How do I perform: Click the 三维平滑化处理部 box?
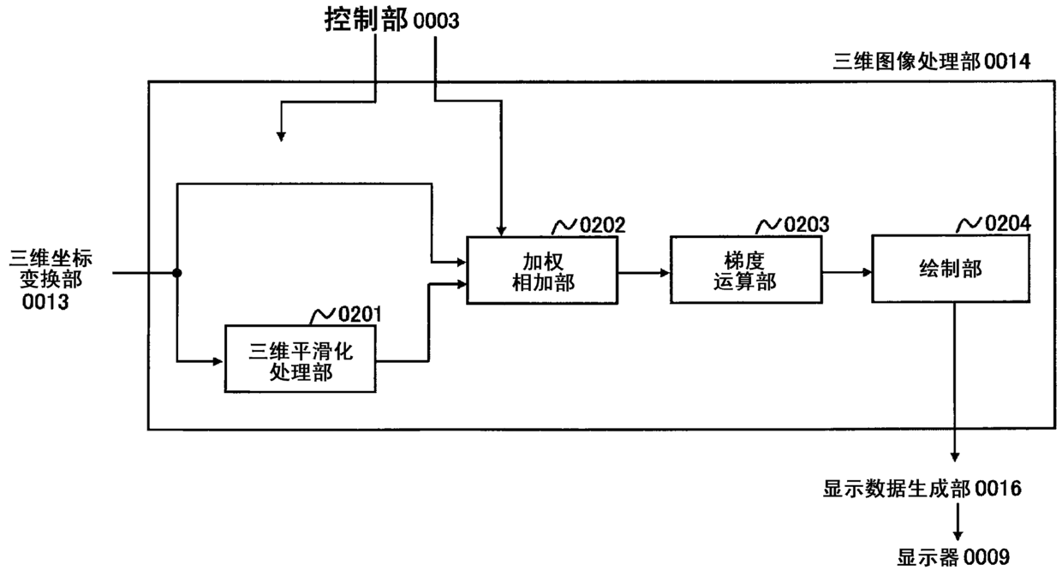[x=300, y=359]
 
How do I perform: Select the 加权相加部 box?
[x=542, y=270]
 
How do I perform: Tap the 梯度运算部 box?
[x=746, y=270]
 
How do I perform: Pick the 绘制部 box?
[x=951, y=269]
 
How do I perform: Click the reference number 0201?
[x=360, y=314]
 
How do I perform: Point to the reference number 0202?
[x=603, y=225]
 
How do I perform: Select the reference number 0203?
[x=807, y=224]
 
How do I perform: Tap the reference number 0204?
[x=1008, y=223]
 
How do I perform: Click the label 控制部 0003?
[x=391, y=20]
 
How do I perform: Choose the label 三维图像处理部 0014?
[x=932, y=62]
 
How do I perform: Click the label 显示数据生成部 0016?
[x=922, y=489]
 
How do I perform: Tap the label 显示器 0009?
[x=953, y=557]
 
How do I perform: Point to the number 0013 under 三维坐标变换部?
[x=45, y=302]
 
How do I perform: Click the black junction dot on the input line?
[x=176, y=273]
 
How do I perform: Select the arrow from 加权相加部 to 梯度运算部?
[x=644, y=273]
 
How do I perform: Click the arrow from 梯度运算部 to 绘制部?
[x=847, y=272]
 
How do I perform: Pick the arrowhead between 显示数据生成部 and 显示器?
[x=958, y=535]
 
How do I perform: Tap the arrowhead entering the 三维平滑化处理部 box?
[x=218, y=361]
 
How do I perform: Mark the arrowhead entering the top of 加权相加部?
[x=501, y=231]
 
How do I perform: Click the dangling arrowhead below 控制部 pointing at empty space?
[x=281, y=136]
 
